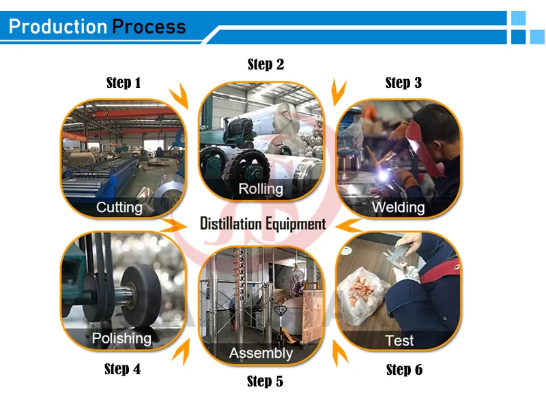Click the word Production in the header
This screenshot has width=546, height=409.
58,27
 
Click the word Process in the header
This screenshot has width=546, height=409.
149,27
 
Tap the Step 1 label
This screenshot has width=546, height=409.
124,83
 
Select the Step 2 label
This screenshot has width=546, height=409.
265,65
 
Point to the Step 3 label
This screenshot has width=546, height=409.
403,83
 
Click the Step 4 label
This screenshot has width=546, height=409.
123,369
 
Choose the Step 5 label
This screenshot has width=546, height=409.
265,382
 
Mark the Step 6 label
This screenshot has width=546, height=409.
404,370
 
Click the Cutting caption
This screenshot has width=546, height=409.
119,207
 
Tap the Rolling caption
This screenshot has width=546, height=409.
261,189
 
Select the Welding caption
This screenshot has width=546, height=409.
398,207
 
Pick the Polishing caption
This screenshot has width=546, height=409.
121,338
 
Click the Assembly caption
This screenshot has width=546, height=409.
261,353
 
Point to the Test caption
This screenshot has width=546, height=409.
399,340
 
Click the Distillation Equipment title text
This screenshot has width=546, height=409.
263,224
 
